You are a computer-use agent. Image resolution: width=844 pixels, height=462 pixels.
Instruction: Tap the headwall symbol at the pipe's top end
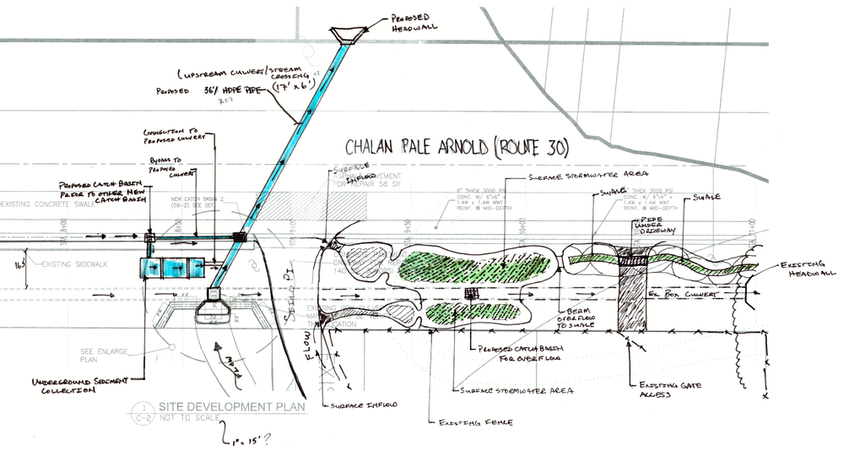click(x=347, y=35)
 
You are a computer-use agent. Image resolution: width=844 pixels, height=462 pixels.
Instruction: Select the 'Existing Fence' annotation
click(x=463, y=420)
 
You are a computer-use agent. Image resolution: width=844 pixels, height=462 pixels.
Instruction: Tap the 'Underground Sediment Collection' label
click(x=79, y=388)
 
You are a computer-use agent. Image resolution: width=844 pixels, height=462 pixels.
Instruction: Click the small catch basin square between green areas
click(x=471, y=293)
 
